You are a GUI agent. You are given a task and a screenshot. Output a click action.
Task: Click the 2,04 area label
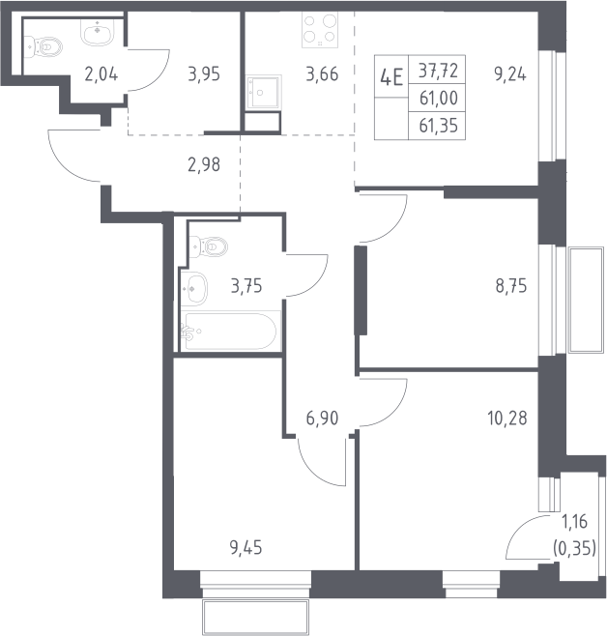pyautogui.click(x=101, y=74)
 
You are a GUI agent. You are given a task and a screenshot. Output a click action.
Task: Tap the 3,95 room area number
pyautogui.click(x=204, y=74)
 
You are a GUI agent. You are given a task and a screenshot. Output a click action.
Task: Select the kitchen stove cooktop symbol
pyautogui.click(x=320, y=30)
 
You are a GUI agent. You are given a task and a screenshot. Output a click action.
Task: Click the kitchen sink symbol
pyautogui.click(x=264, y=93)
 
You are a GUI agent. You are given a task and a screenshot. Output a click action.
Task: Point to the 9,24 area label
pyautogui.click(x=510, y=74)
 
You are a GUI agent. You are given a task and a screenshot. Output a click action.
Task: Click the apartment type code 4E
pyautogui.click(x=391, y=77)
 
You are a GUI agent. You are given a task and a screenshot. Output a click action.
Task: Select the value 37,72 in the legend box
pyautogui.click(x=438, y=71)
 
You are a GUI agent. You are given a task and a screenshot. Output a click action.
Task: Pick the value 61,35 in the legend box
pyautogui.click(x=438, y=126)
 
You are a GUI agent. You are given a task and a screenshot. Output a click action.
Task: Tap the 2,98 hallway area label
pyautogui.click(x=204, y=164)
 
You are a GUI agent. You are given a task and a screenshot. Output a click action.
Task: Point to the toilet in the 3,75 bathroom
pyautogui.click(x=209, y=246)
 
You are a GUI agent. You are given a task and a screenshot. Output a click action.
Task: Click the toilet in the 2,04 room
pyautogui.click(x=43, y=46)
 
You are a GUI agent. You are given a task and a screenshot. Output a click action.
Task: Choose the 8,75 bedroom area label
pyautogui.click(x=511, y=286)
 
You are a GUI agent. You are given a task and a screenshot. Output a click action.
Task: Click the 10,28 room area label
pyautogui.click(x=507, y=419)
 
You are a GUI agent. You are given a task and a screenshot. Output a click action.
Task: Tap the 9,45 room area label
pyautogui.click(x=246, y=548)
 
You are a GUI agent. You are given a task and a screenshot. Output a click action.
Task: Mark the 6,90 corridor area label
pyautogui.click(x=323, y=419)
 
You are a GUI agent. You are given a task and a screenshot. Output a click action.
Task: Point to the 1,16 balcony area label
pyautogui.click(x=574, y=522)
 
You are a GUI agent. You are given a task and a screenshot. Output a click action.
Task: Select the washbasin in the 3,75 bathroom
pyautogui.click(x=194, y=288)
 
